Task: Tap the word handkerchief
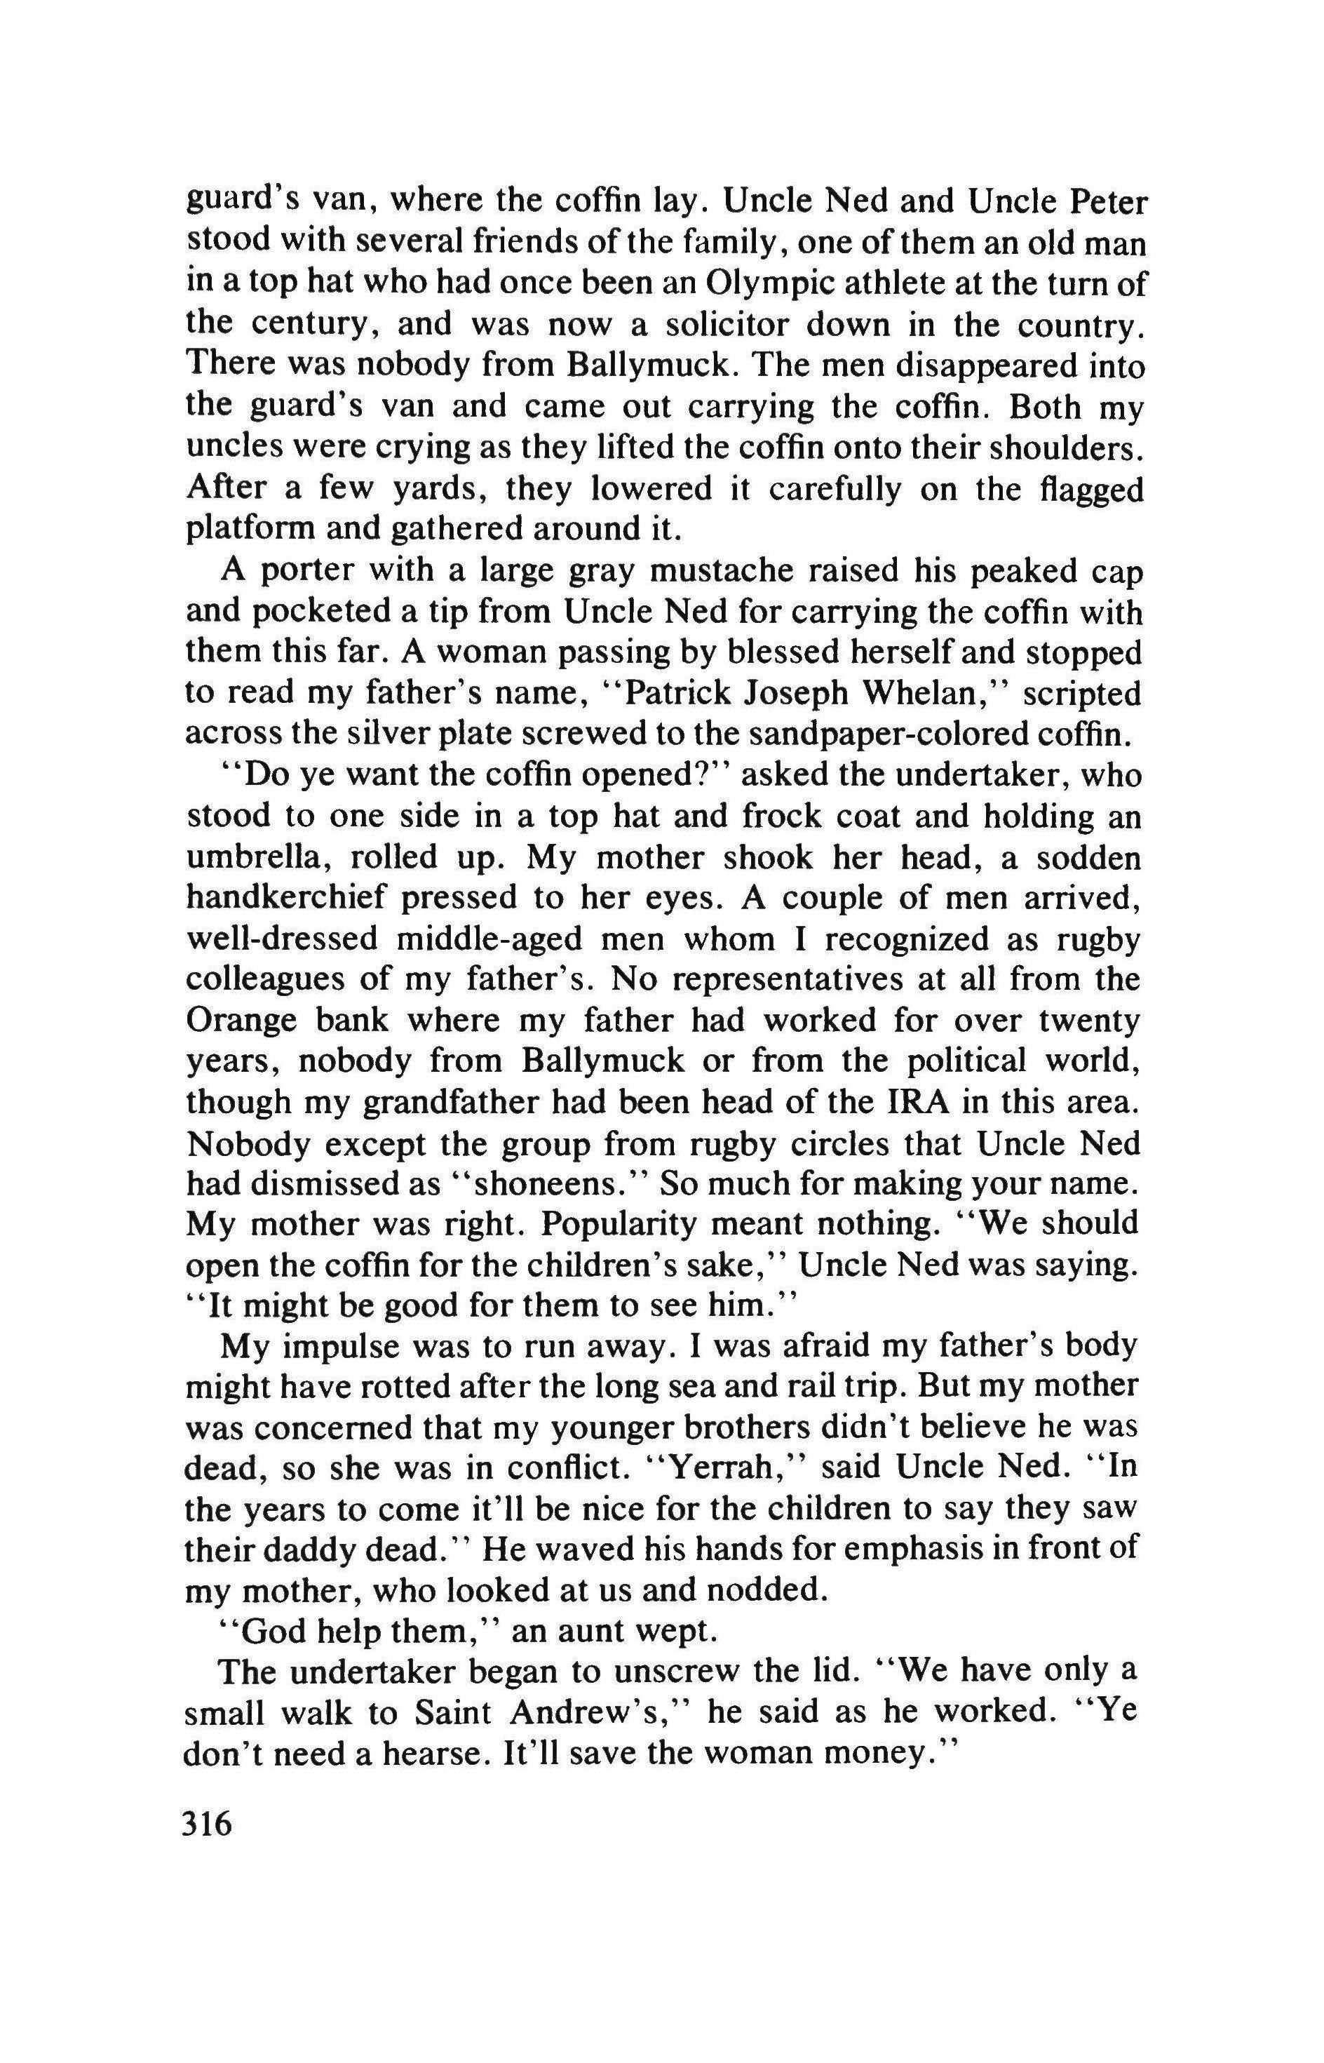coord(283,899)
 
